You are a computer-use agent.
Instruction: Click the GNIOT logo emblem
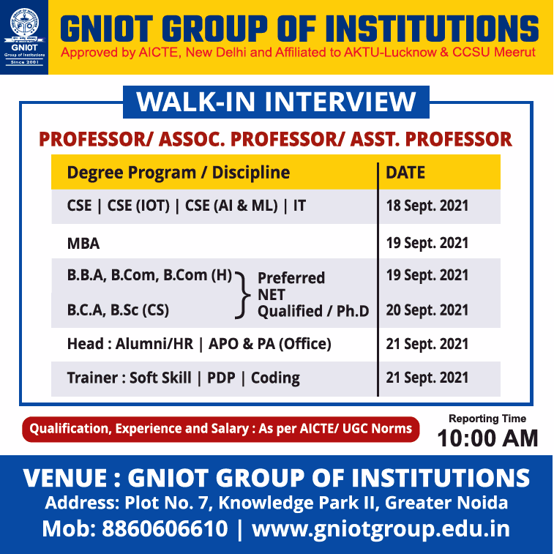pyautogui.click(x=24, y=23)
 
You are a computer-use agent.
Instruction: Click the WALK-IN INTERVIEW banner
pyautogui.click(x=276, y=102)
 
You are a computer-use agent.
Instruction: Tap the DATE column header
pyautogui.click(x=405, y=173)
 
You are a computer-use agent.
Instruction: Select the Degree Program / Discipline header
pyautogui.click(x=179, y=173)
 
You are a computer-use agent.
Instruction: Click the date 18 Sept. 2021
pyautogui.click(x=427, y=206)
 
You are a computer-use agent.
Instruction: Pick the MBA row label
pyautogui.click(x=83, y=244)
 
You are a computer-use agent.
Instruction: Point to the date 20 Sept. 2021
pyautogui.click(x=427, y=310)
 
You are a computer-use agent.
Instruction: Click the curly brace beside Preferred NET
pyautogui.click(x=243, y=296)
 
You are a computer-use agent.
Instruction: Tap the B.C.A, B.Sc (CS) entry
pyautogui.click(x=118, y=310)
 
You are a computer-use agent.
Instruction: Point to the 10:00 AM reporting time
pyautogui.click(x=487, y=438)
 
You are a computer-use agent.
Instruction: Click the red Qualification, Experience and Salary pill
pyautogui.click(x=221, y=429)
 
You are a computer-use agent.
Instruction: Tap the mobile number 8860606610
pyautogui.click(x=165, y=529)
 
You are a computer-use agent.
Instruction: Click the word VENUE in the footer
pyautogui.click(x=64, y=478)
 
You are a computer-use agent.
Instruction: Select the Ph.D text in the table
pyautogui.click(x=353, y=311)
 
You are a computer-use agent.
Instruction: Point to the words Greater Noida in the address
pyautogui.click(x=446, y=503)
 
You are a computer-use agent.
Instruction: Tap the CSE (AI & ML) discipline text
pyautogui.click(x=231, y=206)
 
